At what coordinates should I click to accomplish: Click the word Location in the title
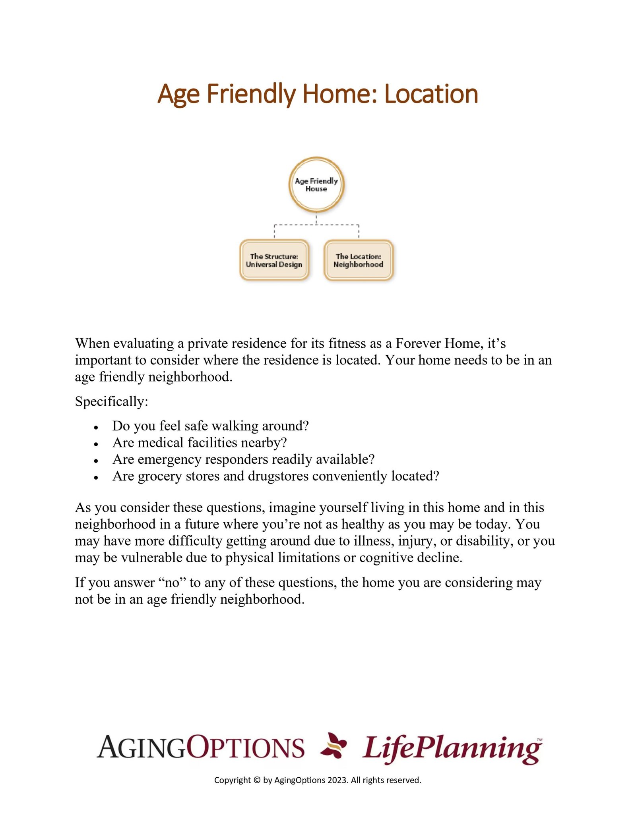click(x=431, y=94)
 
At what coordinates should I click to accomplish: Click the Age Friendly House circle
click(x=316, y=185)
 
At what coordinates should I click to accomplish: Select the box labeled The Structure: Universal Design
click(x=274, y=260)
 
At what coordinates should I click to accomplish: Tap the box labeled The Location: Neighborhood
click(x=358, y=260)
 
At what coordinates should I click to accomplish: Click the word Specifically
click(x=111, y=401)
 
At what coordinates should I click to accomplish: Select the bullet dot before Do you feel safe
click(x=96, y=428)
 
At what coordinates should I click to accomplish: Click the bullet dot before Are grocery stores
click(x=96, y=478)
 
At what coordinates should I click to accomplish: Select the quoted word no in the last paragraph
click(x=172, y=582)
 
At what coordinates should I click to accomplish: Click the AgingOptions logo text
click(x=200, y=747)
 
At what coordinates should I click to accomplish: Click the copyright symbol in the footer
click(x=257, y=780)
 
